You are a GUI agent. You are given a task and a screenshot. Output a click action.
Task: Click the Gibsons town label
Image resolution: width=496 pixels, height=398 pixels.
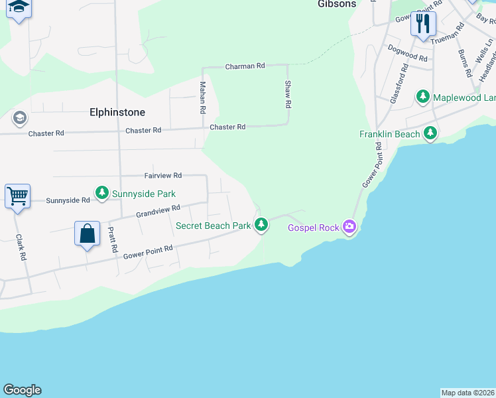[x=336, y=4]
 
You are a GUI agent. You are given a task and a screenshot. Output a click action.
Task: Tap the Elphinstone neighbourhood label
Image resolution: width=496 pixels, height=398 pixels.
[x=117, y=112]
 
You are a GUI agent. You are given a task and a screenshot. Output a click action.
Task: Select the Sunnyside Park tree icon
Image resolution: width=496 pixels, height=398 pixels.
[x=101, y=193]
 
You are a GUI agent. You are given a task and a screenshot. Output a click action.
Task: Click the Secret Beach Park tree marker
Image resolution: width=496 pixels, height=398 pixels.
[x=262, y=225]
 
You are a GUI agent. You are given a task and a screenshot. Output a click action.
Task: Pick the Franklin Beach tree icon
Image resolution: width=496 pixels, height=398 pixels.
[x=431, y=133]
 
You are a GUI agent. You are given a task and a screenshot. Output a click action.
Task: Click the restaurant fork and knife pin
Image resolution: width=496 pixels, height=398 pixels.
[x=422, y=25]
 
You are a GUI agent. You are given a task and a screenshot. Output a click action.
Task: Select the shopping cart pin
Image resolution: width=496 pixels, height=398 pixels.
[x=17, y=196]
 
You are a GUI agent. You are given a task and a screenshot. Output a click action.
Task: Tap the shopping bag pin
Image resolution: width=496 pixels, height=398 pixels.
[x=87, y=234]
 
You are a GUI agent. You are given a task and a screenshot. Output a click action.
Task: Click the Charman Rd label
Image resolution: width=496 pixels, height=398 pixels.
[x=245, y=66]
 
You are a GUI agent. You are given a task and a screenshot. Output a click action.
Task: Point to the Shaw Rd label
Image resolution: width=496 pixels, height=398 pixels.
[x=288, y=94]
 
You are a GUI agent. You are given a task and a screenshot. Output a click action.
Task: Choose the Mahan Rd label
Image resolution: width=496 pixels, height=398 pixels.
[x=203, y=97]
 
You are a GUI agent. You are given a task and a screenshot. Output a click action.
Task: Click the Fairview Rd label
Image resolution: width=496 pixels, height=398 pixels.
[x=163, y=176]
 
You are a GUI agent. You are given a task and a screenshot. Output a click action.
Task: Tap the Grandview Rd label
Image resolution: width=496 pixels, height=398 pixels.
[x=158, y=211]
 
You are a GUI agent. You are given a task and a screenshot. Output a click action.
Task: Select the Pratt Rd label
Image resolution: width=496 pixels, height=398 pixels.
[x=113, y=240]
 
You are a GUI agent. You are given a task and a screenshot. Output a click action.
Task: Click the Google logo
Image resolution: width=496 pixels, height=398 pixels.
[x=22, y=390]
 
